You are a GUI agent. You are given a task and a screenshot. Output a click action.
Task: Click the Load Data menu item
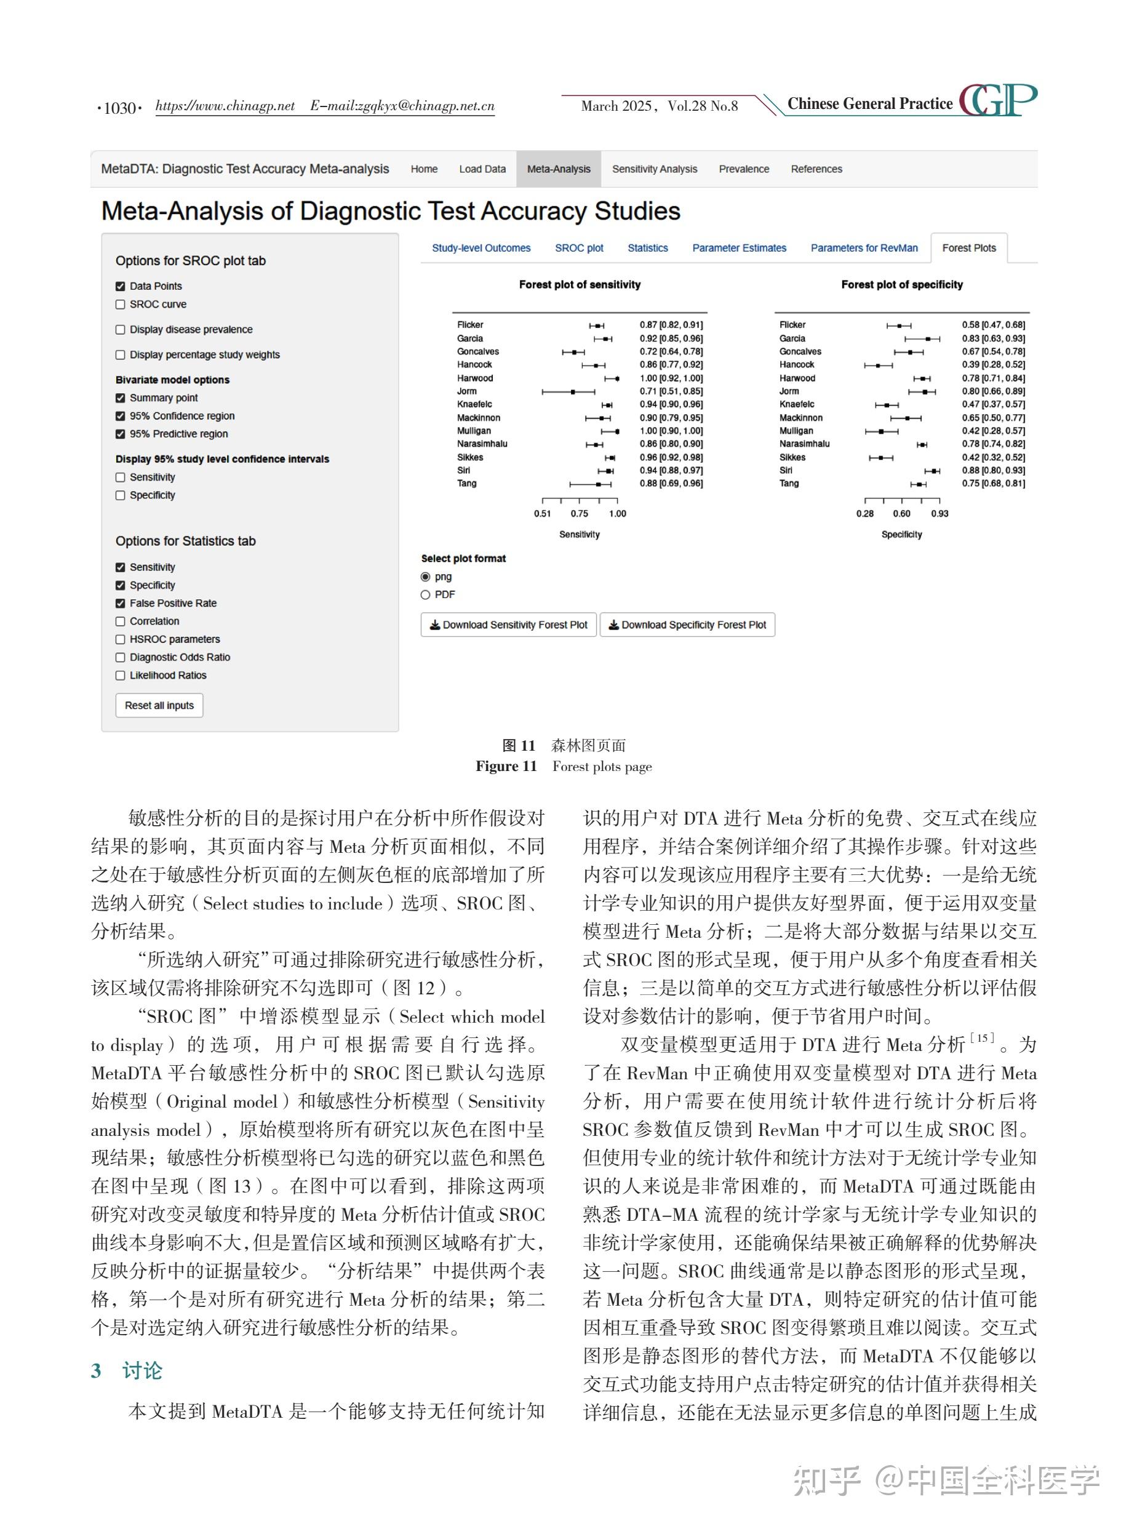[482, 169]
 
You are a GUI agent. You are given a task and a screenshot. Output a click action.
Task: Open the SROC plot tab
[579, 248]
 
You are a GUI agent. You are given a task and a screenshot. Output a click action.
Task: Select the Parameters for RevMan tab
[864, 248]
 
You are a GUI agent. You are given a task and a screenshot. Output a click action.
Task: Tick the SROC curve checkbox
[120, 305]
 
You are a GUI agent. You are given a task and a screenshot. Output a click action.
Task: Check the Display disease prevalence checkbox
[120, 330]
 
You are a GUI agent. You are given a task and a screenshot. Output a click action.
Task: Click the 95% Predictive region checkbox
[120, 434]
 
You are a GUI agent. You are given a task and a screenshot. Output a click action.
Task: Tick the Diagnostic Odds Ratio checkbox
[120, 657]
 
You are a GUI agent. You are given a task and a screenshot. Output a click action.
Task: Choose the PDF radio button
[426, 595]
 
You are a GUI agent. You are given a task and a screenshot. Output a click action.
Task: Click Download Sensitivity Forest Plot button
[508, 625]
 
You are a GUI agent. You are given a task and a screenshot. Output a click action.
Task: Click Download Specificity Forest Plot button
[687, 625]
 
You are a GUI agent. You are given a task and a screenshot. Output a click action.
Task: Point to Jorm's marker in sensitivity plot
[573, 391]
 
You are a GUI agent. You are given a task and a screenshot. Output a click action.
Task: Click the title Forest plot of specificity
[901, 284]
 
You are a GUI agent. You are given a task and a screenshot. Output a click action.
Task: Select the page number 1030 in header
[120, 108]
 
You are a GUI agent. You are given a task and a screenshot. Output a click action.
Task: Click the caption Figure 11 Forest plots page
[564, 766]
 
